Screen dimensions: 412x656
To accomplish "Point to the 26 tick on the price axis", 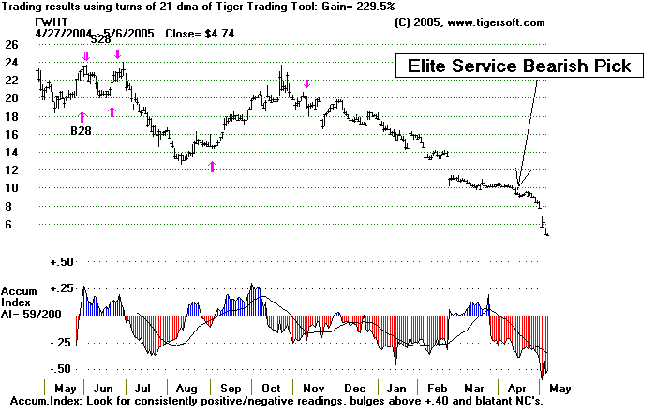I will point(11,44).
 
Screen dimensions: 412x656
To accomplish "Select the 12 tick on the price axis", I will point(11,170).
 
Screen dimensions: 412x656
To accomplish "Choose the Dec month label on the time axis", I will point(354,388).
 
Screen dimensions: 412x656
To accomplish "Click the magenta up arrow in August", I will point(212,166).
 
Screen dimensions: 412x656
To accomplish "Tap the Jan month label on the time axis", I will point(397,388).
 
